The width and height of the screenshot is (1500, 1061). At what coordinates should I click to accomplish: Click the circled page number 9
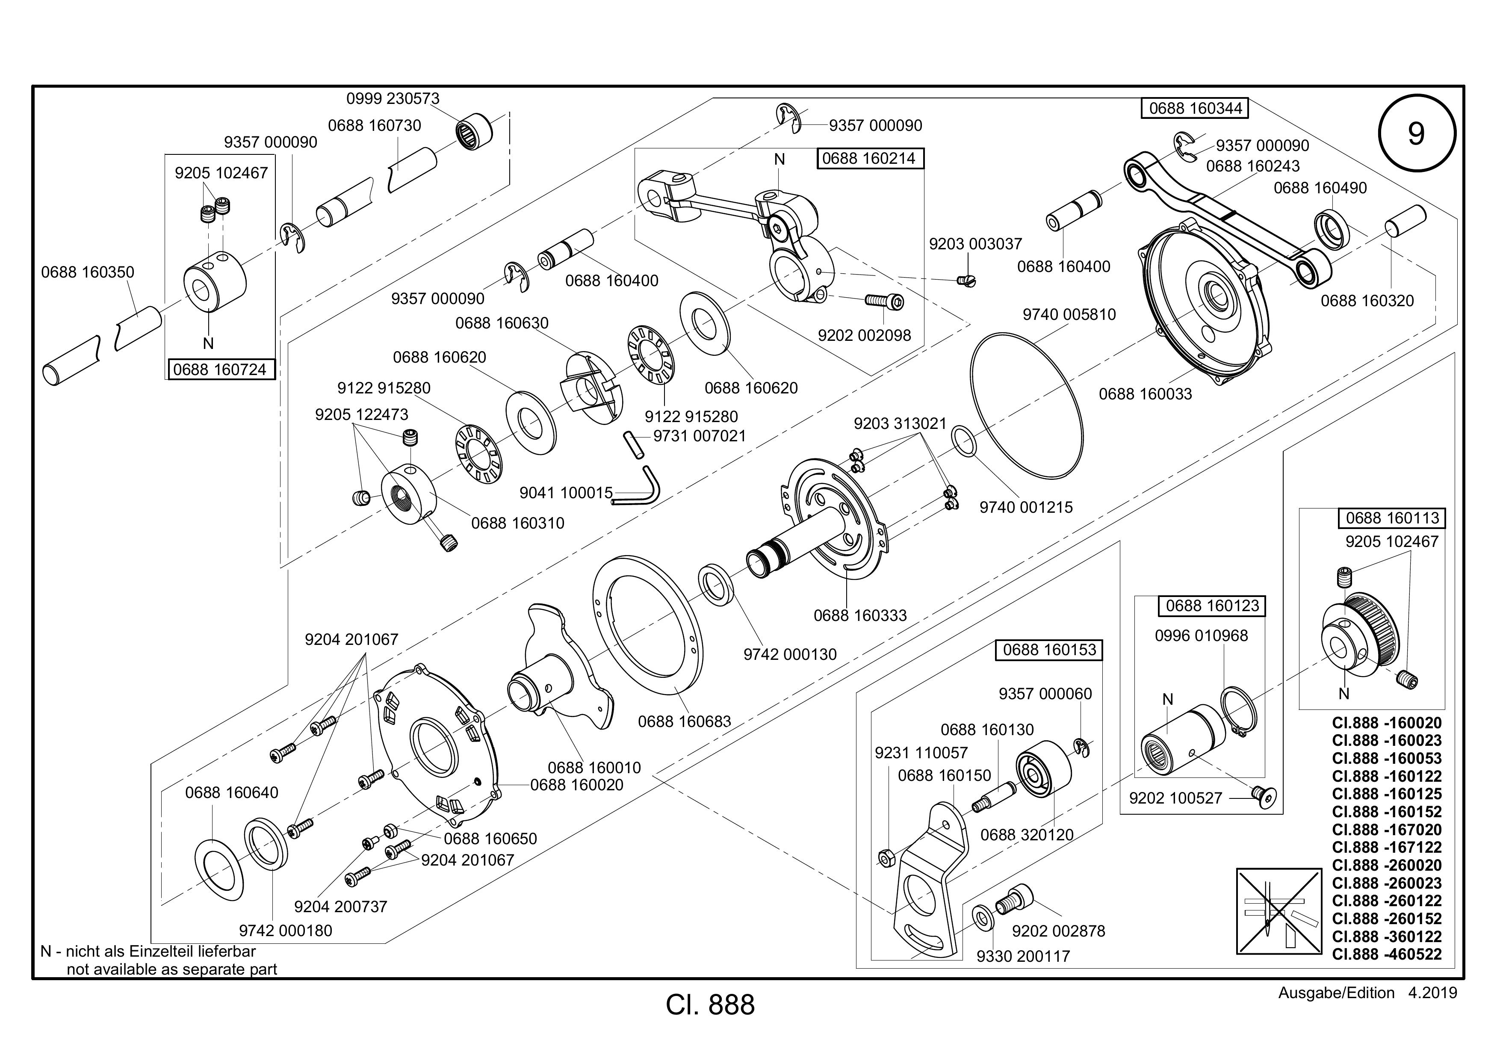(x=1416, y=134)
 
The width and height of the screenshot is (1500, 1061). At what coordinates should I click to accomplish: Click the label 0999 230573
(x=393, y=99)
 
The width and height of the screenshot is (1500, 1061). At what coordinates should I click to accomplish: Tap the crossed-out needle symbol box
(x=1279, y=911)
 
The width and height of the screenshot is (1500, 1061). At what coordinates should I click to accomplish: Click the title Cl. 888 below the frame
(x=710, y=1005)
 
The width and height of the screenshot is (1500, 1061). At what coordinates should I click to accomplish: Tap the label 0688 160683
(x=685, y=721)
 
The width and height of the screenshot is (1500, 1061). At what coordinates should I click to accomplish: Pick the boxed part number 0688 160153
(x=1049, y=650)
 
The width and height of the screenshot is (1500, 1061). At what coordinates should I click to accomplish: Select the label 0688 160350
(x=88, y=272)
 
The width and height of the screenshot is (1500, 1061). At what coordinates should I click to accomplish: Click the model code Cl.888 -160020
(x=1386, y=723)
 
